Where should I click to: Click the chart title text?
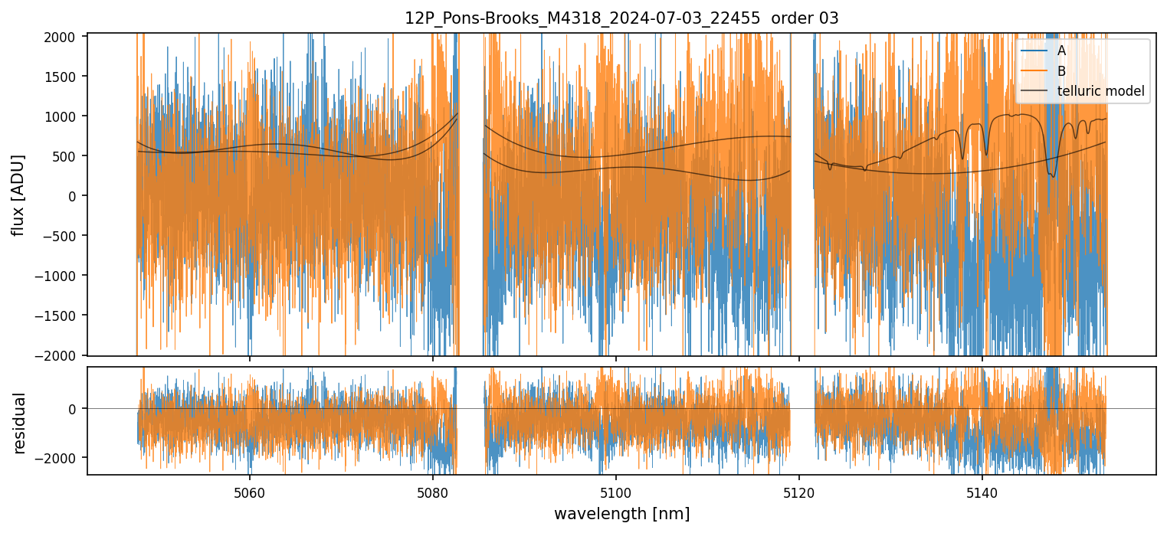(x=621, y=18)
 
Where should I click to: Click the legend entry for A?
(x=1061, y=51)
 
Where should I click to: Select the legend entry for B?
(x=1061, y=71)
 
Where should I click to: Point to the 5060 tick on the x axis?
(x=249, y=492)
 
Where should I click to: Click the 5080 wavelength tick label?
(x=433, y=492)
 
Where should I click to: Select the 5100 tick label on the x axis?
(x=616, y=492)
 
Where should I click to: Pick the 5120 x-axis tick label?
(x=799, y=492)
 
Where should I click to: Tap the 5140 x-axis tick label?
(x=982, y=492)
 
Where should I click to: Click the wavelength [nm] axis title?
(x=621, y=513)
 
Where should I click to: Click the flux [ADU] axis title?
(x=18, y=195)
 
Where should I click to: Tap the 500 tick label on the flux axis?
(x=68, y=156)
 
